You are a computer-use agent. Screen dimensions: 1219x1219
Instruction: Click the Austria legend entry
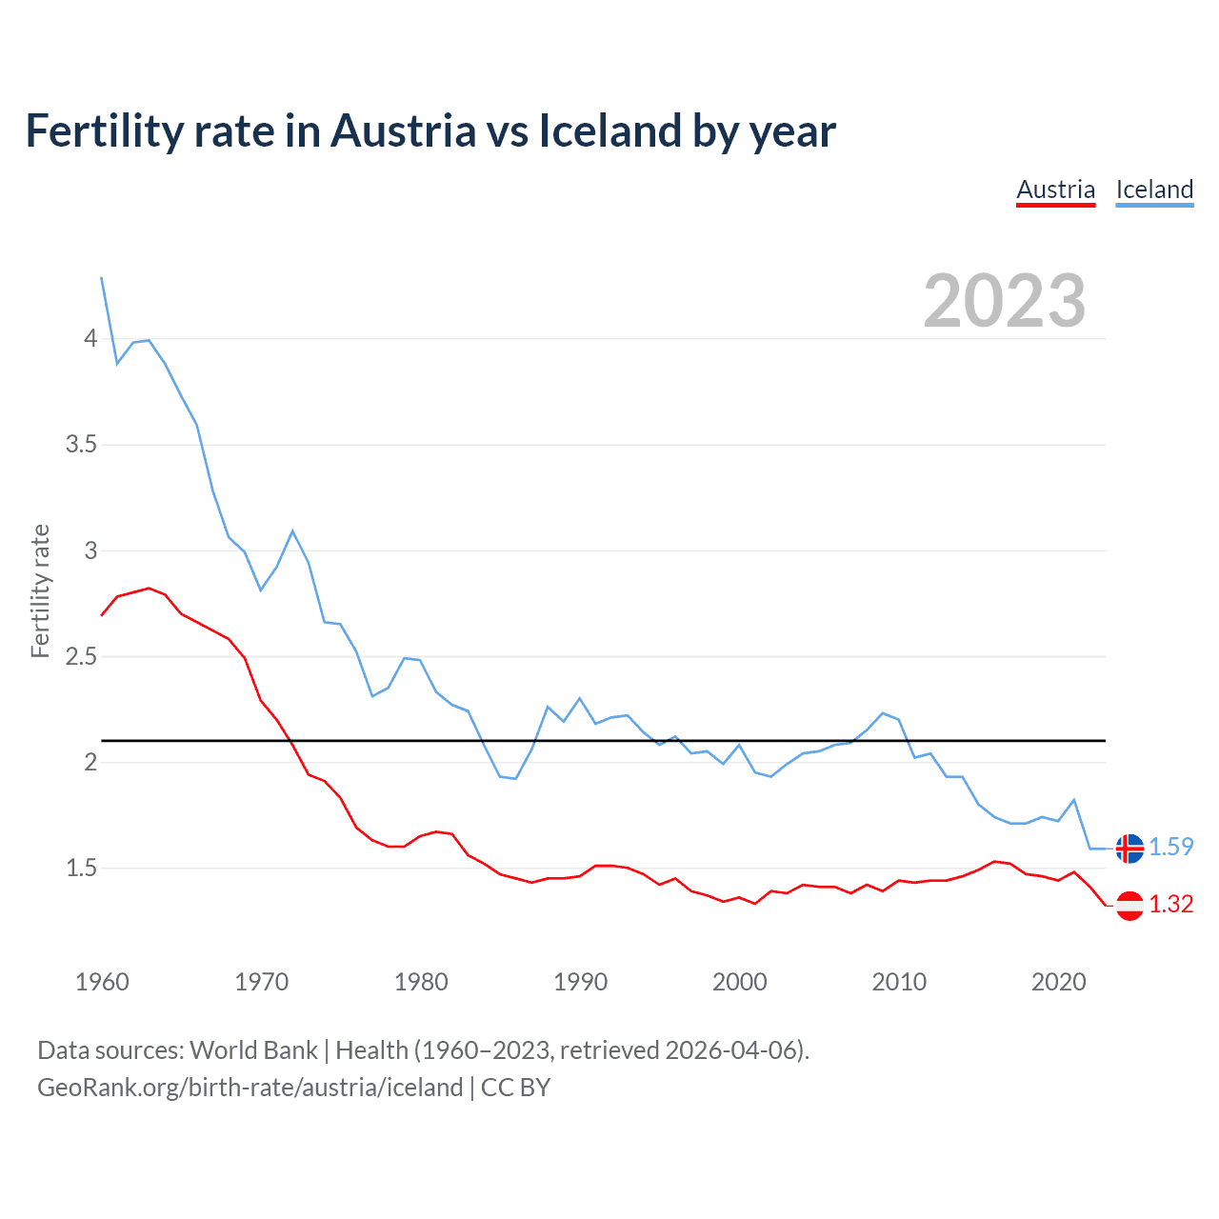[1055, 190]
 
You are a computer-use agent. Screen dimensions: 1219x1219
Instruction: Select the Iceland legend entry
[1154, 190]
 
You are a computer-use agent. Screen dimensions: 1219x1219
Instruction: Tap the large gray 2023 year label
[1005, 301]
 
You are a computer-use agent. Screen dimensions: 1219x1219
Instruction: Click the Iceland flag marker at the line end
[1129, 848]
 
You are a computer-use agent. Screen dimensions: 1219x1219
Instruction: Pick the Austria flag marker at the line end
[1129, 905]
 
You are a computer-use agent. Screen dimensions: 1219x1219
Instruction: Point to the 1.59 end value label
[1170, 848]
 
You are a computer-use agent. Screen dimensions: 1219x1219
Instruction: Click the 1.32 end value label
[1170, 905]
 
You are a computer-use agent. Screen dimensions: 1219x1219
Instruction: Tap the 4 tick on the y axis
[90, 338]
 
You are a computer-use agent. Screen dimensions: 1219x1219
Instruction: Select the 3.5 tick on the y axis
[81, 445]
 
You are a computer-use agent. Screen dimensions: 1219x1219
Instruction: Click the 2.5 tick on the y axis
[81, 656]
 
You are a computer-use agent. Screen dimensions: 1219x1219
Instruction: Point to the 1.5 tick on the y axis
[81, 868]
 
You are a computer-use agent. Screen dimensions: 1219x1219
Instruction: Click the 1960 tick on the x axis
[102, 982]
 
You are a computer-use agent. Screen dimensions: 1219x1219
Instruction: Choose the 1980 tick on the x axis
[421, 982]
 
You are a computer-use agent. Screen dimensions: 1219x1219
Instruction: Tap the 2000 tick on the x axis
[740, 982]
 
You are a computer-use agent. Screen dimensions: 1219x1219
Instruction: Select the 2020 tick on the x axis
[1058, 982]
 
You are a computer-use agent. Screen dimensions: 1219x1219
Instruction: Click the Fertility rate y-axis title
[40, 590]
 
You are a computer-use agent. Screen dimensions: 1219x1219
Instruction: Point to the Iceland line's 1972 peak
[292, 531]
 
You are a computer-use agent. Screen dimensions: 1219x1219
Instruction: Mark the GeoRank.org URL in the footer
[250, 1088]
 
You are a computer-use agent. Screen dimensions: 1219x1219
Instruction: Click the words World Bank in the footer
[253, 1050]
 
